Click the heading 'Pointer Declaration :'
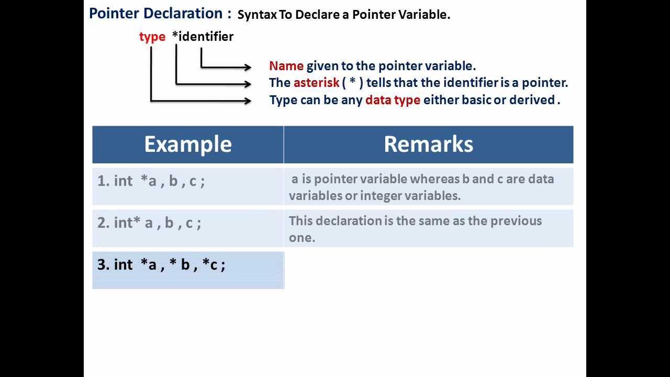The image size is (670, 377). (160, 14)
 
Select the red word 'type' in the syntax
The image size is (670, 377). (152, 37)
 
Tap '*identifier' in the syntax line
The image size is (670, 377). (203, 37)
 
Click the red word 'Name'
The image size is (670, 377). (286, 66)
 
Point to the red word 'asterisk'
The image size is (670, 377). (316, 83)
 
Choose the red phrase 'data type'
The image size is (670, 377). (393, 100)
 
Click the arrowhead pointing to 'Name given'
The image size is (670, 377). (248, 66)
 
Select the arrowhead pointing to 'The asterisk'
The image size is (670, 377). (248, 83)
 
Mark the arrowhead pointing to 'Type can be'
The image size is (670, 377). (248, 100)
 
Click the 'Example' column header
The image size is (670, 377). (187, 145)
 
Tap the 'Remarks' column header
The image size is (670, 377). (428, 145)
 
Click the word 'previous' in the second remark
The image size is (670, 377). (516, 221)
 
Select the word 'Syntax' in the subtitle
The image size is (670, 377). (256, 15)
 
